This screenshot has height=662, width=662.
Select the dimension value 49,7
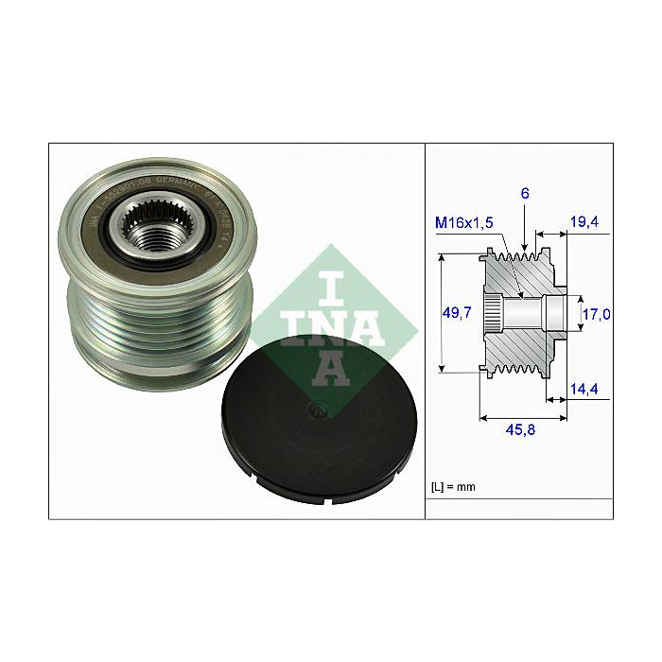point(458,313)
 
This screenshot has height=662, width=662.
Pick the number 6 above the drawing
point(524,194)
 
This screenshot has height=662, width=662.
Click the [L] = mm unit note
point(454,487)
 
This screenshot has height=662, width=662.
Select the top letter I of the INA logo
point(331,280)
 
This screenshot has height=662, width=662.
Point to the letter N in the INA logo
point(331,323)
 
